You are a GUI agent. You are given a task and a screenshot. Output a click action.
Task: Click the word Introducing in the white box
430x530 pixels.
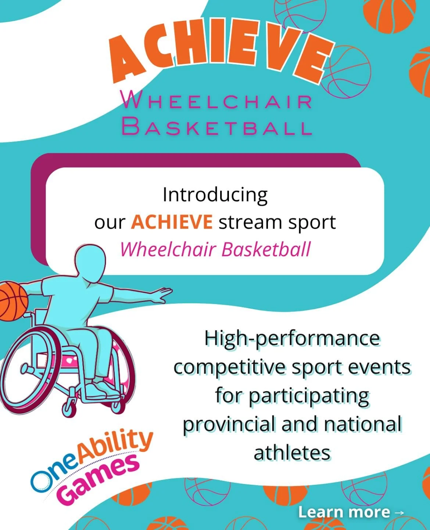coord(215,195)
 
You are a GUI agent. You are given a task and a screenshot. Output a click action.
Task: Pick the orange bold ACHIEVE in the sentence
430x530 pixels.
coord(172,222)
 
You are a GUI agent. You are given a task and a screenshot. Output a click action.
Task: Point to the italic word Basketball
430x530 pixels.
coord(266,250)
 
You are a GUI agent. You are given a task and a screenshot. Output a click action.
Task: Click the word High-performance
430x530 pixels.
coord(292,339)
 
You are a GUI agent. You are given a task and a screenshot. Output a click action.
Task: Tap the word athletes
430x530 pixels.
coord(292,453)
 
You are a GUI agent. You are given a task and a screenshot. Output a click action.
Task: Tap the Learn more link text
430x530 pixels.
coord(344,512)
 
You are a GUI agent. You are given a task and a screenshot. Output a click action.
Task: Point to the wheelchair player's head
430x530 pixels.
coord(88,263)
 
